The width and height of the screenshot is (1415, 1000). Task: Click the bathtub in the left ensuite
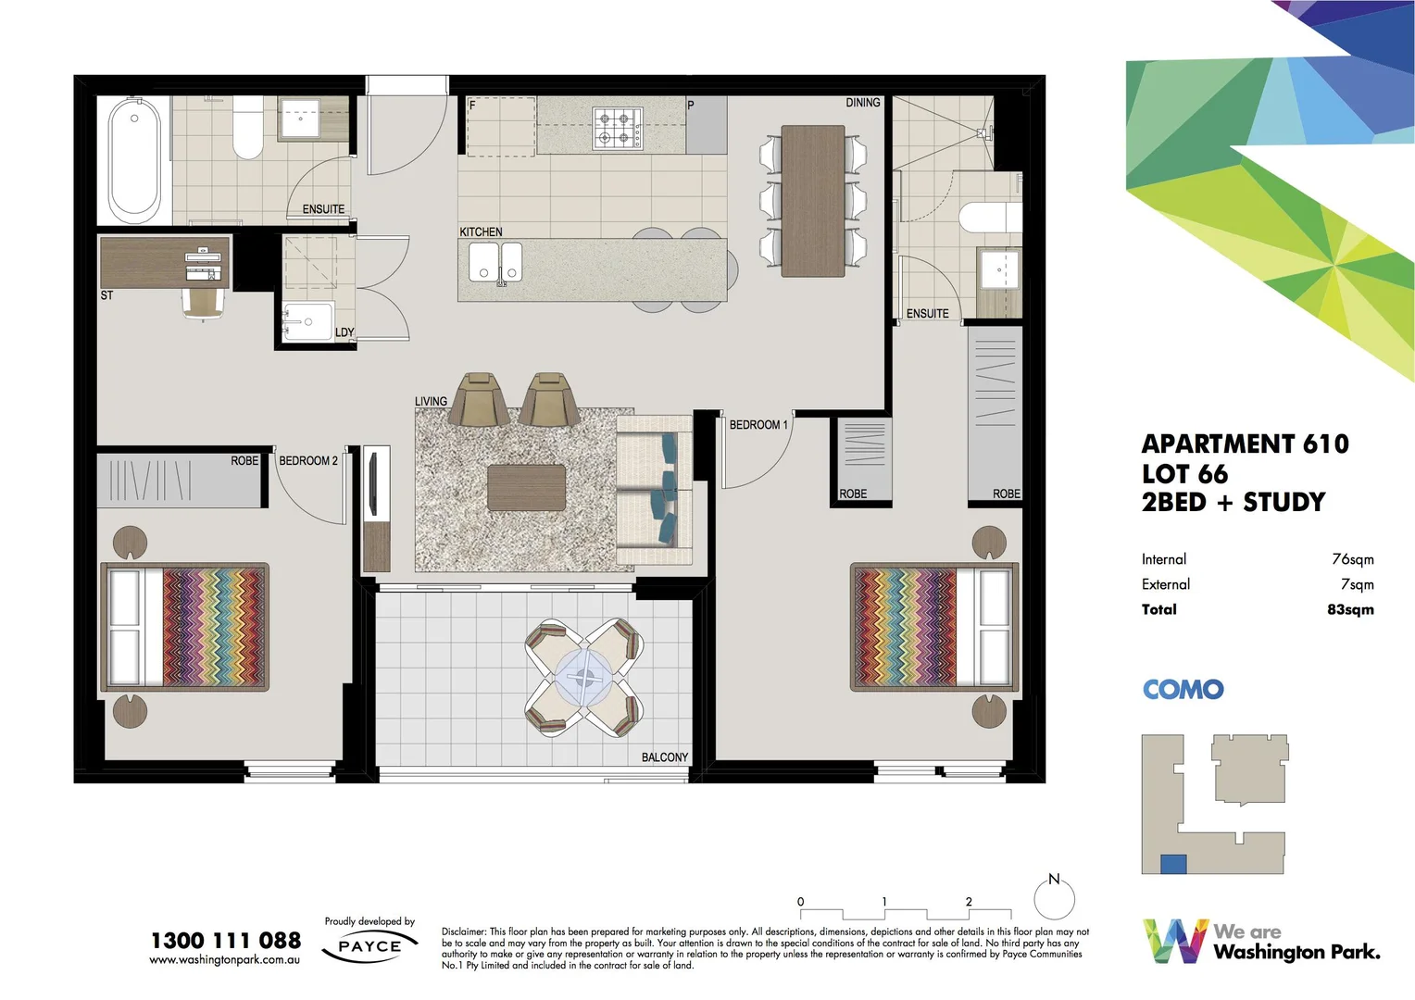(134, 159)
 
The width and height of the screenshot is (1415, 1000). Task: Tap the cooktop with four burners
(618, 129)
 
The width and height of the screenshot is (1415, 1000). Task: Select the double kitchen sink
(495, 263)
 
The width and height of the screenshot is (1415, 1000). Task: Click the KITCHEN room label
(481, 231)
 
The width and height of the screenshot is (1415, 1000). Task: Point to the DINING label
(862, 103)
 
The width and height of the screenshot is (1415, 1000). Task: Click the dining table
(812, 201)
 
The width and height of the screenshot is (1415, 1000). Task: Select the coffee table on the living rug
(526, 488)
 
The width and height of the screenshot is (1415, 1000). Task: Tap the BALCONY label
(665, 757)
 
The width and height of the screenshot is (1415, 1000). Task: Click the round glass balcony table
(583, 677)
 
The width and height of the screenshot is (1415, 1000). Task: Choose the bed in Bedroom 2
(185, 627)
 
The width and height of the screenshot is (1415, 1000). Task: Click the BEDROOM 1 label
(758, 425)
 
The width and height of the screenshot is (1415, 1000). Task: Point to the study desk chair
(205, 303)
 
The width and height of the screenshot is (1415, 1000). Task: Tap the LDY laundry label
(344, 332)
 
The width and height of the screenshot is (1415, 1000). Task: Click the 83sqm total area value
(1350, 609)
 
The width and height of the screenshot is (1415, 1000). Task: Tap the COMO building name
(1183, 690)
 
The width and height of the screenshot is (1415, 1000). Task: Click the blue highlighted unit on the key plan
(1173, 864)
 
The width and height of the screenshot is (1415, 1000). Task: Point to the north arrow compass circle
(1054, 898)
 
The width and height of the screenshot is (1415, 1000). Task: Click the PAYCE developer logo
(369, 946)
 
